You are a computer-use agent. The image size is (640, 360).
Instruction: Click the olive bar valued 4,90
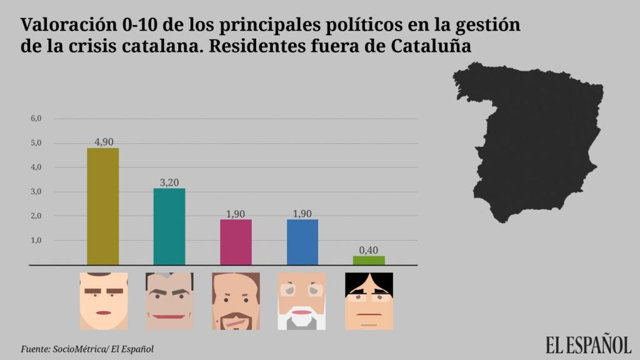[103, 206]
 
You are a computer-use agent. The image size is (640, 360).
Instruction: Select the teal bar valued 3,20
[169, 226]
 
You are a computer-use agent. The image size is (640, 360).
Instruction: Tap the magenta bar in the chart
[236, 242]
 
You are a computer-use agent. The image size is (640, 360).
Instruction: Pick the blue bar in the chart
[302, 242]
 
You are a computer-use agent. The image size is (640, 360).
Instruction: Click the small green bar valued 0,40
[369, 260]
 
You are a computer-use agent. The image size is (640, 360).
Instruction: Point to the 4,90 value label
[104, 142]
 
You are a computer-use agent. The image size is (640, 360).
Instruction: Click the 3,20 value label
[169, 182]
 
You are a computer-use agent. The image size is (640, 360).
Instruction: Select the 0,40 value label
[369, 250]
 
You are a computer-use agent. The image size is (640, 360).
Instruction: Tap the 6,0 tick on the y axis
[36, 118]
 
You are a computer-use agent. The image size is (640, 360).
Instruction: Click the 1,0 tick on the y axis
[36, 240]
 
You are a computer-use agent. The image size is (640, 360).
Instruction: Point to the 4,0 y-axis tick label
[36, 167]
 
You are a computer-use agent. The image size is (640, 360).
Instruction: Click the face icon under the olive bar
[104, 301]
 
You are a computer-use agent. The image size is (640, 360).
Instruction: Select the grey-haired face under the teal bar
[169, 301]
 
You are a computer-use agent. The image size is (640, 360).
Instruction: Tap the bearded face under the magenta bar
[236, 301]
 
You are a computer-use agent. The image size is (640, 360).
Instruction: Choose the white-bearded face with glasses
[302, 301]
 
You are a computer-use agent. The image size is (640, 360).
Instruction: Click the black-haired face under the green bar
[369, 301]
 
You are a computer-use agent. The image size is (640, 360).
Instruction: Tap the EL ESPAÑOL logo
[588, 345]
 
